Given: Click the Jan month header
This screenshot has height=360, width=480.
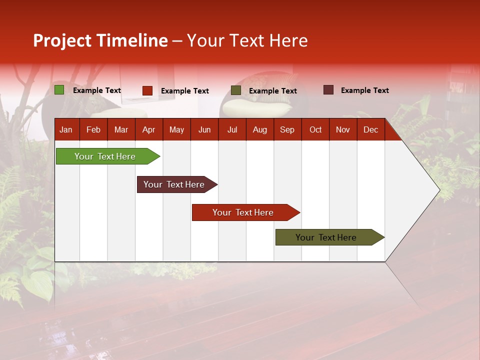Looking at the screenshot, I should [66, 129].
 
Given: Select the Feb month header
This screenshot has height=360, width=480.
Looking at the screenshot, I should [93, 129].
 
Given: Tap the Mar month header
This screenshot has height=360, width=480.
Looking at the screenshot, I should [121, 129].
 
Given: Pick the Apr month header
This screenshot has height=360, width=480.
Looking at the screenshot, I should [148, 129].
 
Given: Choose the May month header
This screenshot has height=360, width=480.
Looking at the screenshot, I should [176, 129].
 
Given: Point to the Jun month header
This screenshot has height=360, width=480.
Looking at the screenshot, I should [204, 129].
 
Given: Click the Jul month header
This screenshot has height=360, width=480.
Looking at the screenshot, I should [232, 129].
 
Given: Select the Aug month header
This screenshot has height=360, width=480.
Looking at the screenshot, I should [259, 129].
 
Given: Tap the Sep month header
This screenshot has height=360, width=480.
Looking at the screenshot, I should [287, 129].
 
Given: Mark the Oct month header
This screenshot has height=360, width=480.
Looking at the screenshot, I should [315, 129].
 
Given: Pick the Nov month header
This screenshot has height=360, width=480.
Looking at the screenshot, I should [343, 129].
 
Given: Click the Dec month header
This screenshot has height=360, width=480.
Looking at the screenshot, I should [370, 129].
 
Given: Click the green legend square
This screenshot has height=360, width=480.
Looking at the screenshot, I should [59, 90].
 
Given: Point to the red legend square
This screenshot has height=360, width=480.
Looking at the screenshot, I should [147, 90].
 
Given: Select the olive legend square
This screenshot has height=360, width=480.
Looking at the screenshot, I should [236, 90].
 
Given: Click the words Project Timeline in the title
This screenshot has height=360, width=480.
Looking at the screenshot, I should [100, 40].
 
